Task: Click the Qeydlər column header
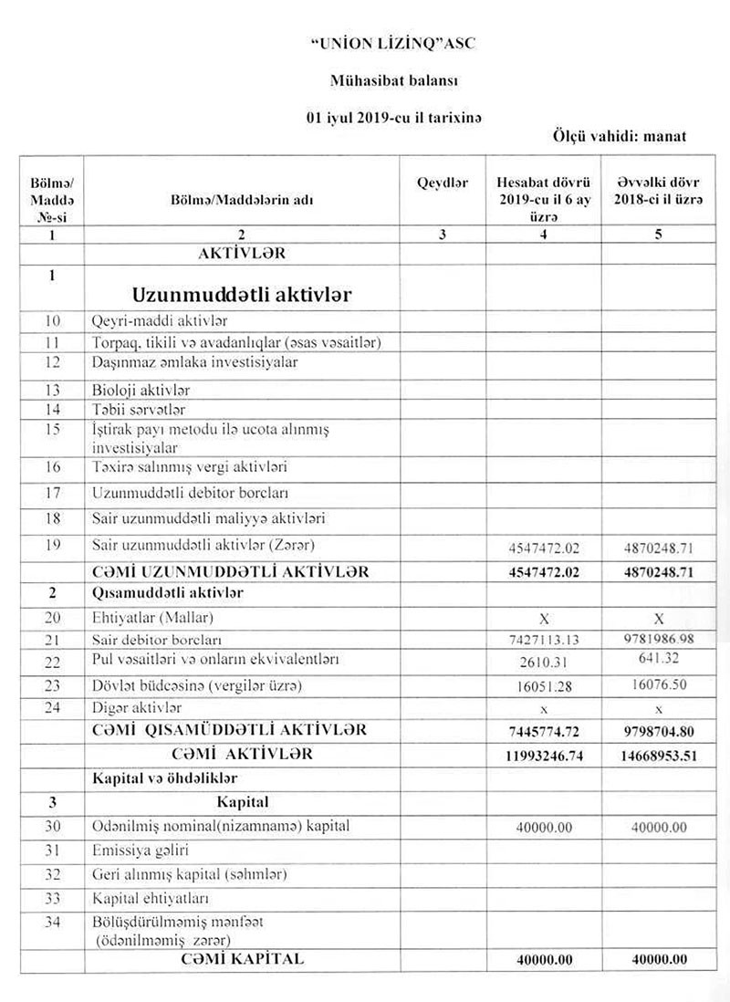443,183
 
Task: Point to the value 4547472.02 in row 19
545,548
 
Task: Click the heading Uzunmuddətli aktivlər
242,295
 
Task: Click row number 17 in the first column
52,494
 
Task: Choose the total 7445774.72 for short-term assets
545,732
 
